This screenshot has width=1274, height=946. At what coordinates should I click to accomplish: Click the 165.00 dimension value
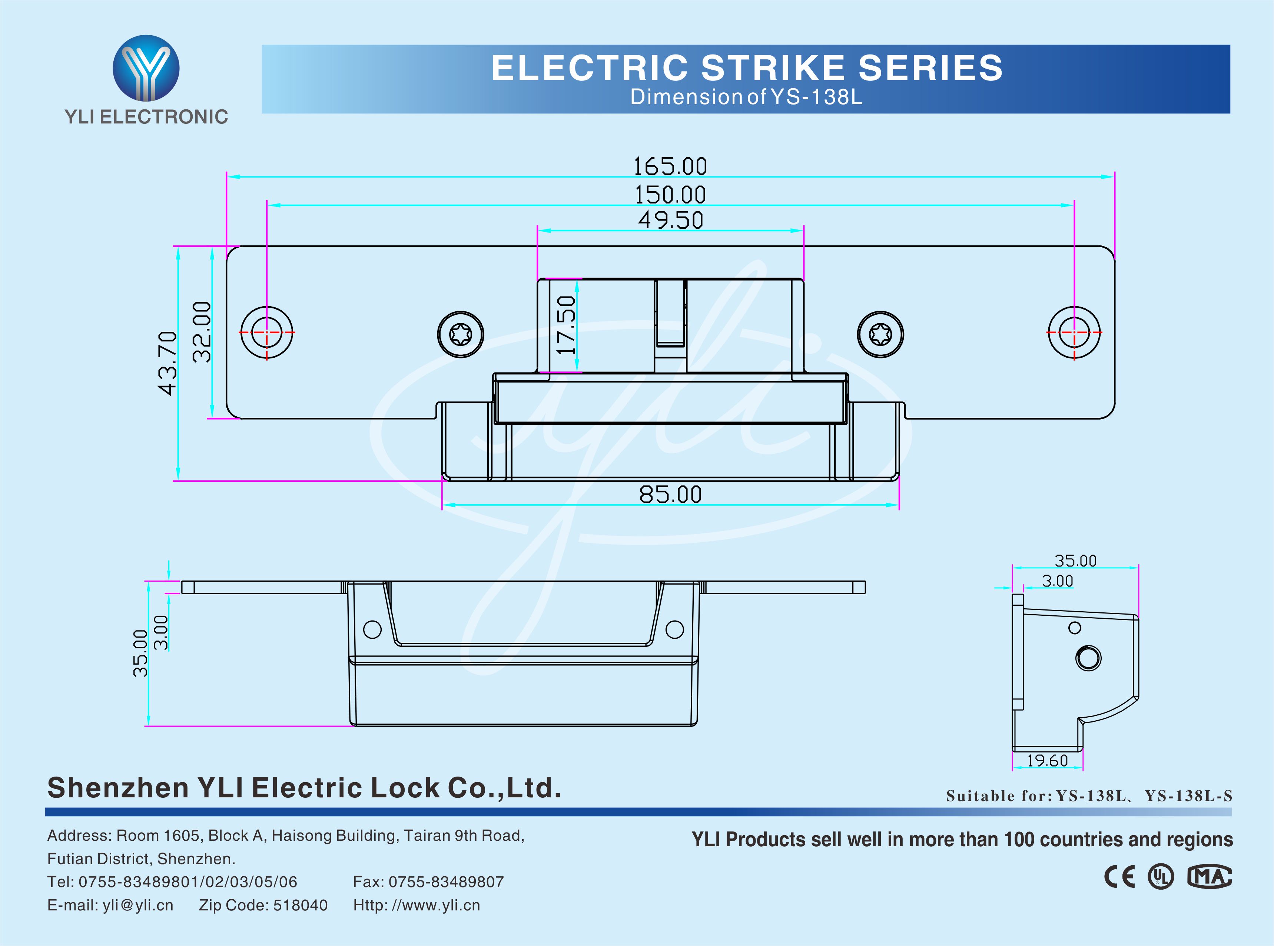pos(670,167)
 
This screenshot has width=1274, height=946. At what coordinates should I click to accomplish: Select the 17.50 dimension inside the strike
pos(566,325)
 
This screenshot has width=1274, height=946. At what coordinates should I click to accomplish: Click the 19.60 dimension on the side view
pos(1047,760)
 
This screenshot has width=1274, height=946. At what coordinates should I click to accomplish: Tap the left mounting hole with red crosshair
pos(267,332)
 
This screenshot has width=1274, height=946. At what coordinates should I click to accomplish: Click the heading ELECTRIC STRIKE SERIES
pos(747,67)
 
